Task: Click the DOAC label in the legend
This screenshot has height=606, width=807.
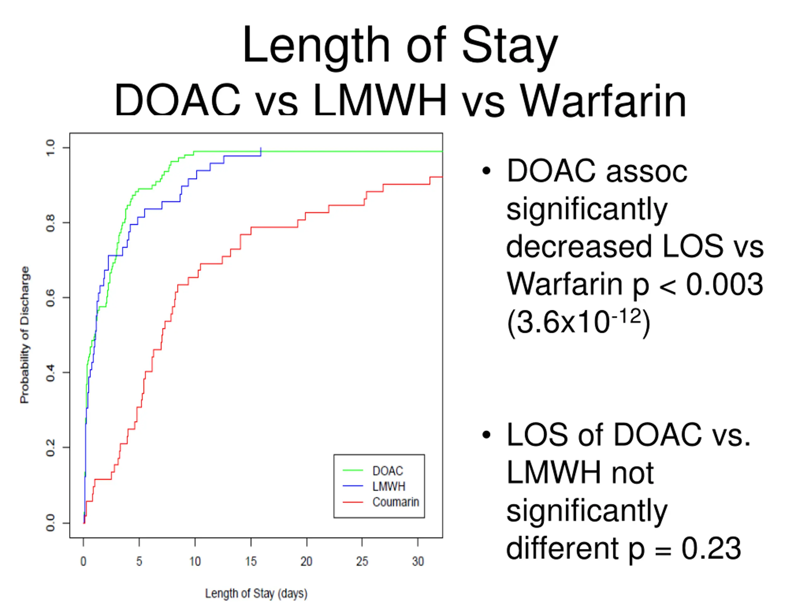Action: (387, 471)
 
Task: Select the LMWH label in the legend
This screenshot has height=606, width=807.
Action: (389, 487)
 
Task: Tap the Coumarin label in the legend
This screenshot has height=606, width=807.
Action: (396, 502)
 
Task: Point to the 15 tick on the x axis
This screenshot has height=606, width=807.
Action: (251, 561)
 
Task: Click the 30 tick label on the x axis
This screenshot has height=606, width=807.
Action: (418, 561)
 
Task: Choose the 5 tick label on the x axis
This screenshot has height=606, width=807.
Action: (139, 561)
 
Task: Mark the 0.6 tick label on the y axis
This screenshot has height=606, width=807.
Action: (50, 298)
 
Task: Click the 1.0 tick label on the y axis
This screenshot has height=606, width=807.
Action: (50, 148)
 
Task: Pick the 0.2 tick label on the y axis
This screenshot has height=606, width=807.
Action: (50, 448)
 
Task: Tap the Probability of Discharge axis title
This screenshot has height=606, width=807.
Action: (25, 335)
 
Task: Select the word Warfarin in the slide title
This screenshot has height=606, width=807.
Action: (603, 101)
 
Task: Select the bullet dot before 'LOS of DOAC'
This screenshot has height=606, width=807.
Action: (486, 435)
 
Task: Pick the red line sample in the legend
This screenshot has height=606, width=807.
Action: (353, 502)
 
